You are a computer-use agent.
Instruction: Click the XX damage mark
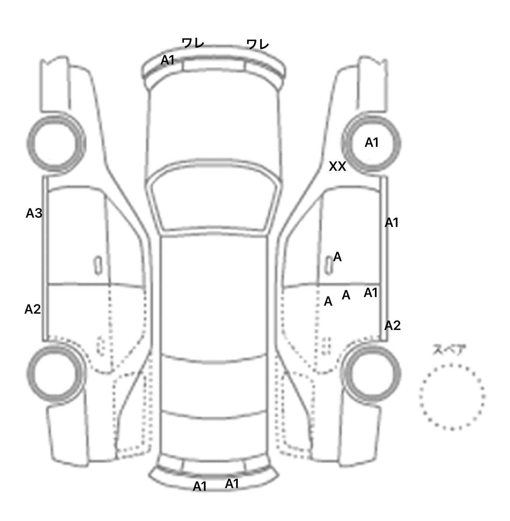point(337,166)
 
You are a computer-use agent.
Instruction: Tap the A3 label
point(34,213)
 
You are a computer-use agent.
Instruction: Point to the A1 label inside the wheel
point(372,143)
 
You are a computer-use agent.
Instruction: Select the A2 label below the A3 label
point(33,309)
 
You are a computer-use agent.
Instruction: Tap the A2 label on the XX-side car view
point(392,326)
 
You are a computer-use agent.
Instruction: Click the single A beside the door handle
point(337,257)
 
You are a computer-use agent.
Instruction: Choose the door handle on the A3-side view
point(98,265)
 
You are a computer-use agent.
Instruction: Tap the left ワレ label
point(193,43)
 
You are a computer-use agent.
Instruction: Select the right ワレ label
point(257,44)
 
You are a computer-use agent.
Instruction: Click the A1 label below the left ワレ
point(168,60)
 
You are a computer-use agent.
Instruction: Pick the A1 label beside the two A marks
point(371,293)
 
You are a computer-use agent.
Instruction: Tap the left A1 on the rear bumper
point(200,486)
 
